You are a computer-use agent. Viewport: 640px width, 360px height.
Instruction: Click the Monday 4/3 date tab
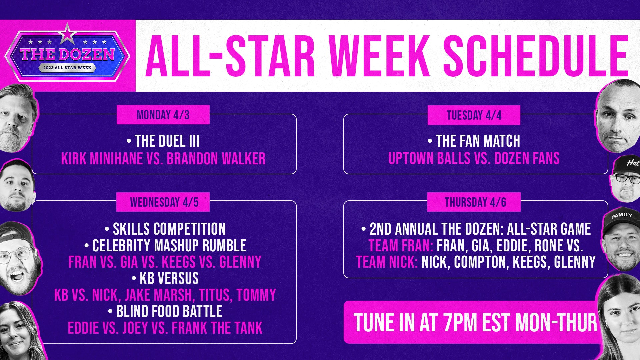click(x=163, y=115)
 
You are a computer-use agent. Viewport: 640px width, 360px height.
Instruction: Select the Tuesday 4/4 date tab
click(x=474, y=115)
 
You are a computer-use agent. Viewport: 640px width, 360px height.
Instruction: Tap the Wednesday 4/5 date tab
click(x=163, y=202)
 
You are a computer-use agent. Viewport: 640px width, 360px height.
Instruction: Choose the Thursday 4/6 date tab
click(x=474, y=202)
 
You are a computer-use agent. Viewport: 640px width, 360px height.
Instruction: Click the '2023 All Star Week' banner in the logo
click(x=67, y=68)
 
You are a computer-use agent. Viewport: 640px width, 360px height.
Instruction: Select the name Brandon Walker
click(x=216, y=159)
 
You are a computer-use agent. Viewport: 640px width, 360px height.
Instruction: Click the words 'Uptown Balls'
click(x=429, y=159)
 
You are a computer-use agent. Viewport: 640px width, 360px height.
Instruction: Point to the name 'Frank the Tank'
click(x=217, y=328)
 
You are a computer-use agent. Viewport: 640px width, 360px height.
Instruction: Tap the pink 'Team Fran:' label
click(x=401, y=246)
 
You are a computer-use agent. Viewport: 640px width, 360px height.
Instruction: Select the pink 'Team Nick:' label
click(x=387, y=262)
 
